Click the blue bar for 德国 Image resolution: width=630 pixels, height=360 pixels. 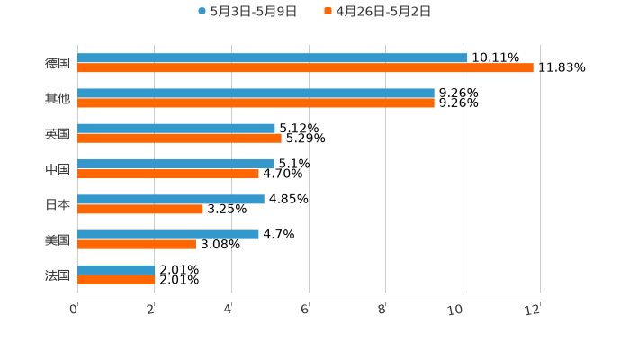click(x=272, y=58)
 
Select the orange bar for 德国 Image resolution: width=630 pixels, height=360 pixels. click(x=305, y=68)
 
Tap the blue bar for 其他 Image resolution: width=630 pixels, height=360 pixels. click(x=256, y=94)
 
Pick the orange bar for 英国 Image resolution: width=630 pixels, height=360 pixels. click(x=179, y=139)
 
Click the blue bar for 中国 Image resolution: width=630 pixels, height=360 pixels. click(x=175, y=165)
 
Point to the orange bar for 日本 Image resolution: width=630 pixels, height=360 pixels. click(x=140, y=210)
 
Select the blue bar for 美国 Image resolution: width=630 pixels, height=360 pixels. click(x=168, y=235)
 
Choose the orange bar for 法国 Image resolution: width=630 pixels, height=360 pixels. click(x=116, y=280)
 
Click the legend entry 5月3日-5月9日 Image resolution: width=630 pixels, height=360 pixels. click(x=247, y=12)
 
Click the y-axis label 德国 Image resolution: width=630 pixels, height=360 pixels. click(x=58, y=64)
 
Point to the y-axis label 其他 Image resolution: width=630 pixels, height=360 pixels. click(x=58, y=99)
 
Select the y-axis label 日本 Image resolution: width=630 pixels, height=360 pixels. click(x=58, y=204)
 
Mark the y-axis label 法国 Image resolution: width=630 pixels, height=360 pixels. click(x=58, y=274)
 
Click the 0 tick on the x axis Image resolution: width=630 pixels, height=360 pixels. click(x=74, y=310)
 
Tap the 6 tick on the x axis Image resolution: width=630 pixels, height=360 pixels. click(x=305, y=310)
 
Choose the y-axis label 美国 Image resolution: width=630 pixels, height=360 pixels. click(x=58, y=239)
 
